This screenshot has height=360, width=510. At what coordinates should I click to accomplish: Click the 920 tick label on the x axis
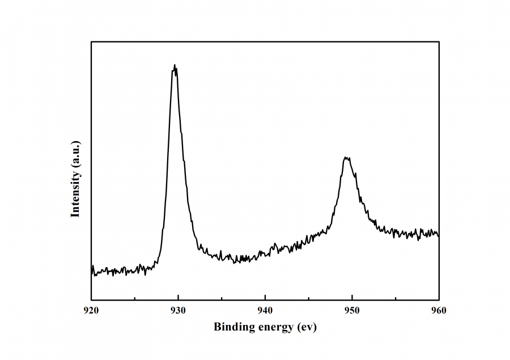[91, 310]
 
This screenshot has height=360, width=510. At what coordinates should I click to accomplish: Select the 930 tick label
[178, 310]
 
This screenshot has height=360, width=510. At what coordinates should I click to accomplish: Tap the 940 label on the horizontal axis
[265, 310]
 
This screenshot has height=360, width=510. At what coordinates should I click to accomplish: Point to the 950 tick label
[352, 310]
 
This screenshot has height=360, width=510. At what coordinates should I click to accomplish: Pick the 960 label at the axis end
[439, 310]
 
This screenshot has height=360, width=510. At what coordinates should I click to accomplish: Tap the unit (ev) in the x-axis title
[307, 327]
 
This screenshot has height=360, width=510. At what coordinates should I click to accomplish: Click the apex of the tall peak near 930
[175, 65]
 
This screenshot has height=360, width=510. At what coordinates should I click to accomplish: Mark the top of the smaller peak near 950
[347, 158]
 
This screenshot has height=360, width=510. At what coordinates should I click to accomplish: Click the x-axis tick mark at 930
[178, 297]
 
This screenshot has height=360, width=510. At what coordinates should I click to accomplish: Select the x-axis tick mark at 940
[265, 297]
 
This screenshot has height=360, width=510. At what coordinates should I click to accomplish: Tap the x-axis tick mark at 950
[352, 297]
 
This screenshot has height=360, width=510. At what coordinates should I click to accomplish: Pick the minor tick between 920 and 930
[134, 298]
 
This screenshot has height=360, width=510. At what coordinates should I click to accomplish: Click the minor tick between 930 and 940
[222, 298]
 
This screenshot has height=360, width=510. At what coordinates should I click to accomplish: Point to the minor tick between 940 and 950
[308, 298]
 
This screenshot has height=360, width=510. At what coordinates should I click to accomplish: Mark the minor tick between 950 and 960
[396, 298]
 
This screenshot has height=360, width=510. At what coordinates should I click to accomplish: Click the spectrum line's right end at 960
[439, 234]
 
